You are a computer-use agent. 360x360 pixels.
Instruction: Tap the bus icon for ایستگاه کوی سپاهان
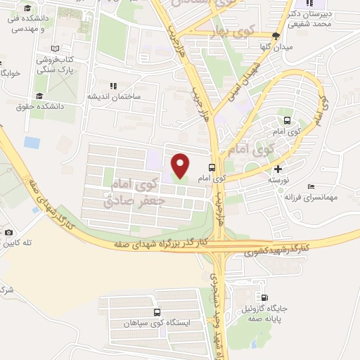(157, 311)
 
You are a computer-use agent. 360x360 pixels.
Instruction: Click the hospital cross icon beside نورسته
(278, 169)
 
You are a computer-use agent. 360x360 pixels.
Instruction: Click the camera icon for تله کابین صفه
(8, 232)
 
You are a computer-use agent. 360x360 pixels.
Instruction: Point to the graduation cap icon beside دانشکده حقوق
(40, 96)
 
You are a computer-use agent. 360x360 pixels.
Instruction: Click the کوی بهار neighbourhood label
(231, 34)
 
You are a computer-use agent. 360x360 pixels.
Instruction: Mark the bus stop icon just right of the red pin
(212, 168)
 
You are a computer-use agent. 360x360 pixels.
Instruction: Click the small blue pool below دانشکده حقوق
(32, 143)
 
